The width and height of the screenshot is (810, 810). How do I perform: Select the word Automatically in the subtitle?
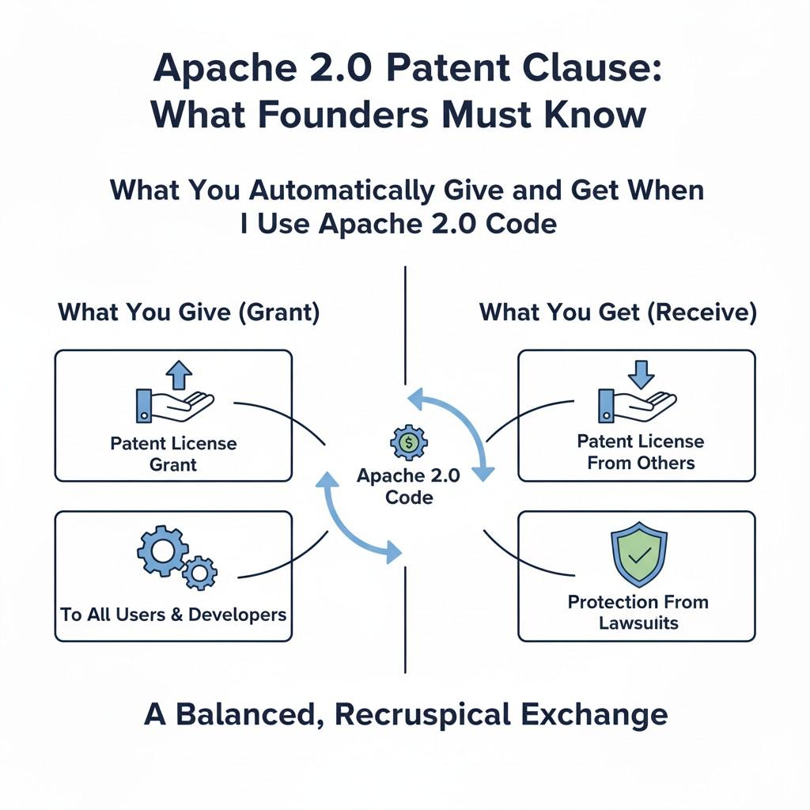(341, 191)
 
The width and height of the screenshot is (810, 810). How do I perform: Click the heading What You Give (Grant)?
(189, 312)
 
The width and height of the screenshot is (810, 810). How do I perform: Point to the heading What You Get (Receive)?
(618, 312)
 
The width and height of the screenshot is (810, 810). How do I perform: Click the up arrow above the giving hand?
(180, 374)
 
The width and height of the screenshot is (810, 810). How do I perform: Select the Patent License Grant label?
(173, 453)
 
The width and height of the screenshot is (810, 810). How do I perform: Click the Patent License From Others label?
(641, 451)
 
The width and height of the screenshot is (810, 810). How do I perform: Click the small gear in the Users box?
(200, 571)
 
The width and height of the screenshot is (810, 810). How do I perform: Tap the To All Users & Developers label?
(173, 614)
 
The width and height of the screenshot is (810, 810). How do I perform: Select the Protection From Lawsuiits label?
(638, 611)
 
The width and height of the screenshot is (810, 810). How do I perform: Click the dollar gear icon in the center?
(408, 444)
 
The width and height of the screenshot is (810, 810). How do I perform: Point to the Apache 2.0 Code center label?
(408, 486)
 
